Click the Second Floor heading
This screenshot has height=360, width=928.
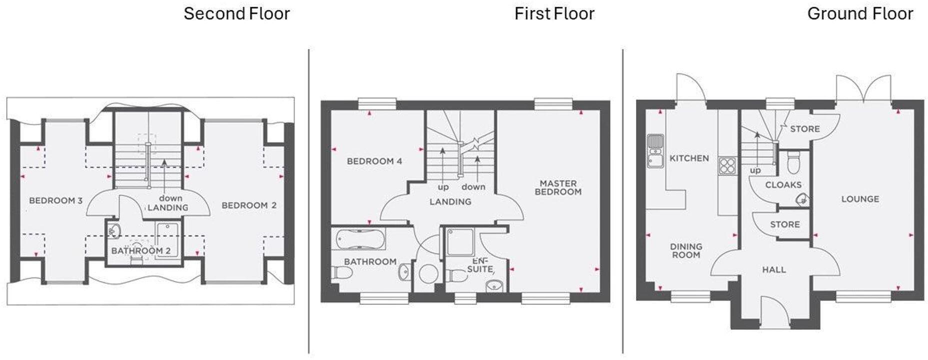point(236,14)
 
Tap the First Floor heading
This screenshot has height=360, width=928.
point(554,14)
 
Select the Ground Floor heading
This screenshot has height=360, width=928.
point(860,14)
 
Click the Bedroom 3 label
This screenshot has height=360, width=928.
point(55,201)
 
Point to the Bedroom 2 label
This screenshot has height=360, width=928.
point(249,205)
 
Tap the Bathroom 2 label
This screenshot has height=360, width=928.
point(140,251)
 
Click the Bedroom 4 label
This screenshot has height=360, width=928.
point(374,161)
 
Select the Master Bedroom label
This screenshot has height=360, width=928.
point(558,187)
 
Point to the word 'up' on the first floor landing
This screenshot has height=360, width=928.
point(443,187)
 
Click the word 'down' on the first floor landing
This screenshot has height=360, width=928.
point(473,187)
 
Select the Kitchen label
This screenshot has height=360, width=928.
point(689,158)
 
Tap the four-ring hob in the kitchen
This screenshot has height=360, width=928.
point(727,165)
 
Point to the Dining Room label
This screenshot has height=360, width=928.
point(686,250)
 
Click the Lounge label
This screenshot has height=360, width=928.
point(860,199)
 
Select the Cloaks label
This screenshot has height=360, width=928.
point(783,185)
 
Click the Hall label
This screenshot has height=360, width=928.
point(774,270)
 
